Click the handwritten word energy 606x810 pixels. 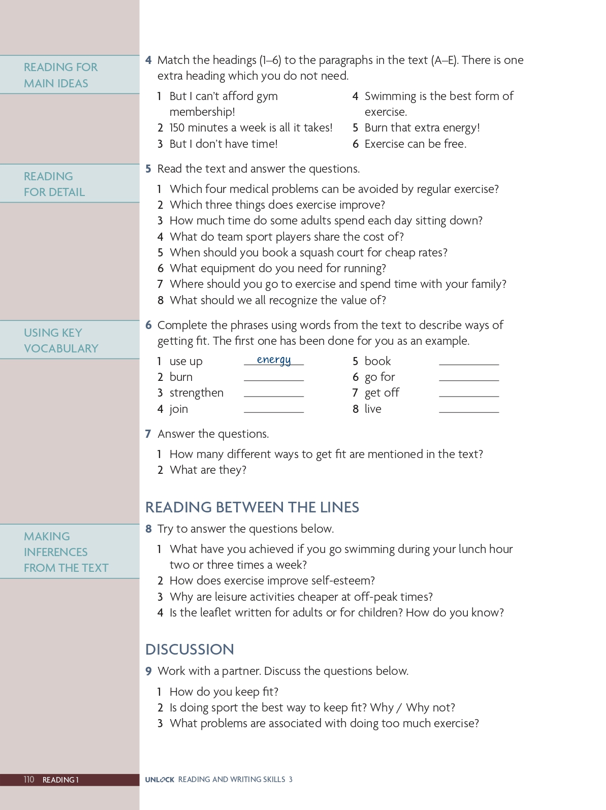[274, 360]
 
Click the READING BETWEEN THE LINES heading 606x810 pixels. [252, 507]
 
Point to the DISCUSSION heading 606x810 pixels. [189, 650]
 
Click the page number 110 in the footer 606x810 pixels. [29, 780]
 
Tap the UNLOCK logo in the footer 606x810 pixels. [160, 780]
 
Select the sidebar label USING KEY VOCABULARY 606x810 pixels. [61, 341]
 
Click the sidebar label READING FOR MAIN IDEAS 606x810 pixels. [60, 75]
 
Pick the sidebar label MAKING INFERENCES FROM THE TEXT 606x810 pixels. [66, 552]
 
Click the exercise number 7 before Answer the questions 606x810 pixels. [148, 434]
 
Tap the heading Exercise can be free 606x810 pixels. [415, 144]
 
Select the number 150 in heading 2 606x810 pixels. [178, 127]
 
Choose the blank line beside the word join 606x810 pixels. [274, 411]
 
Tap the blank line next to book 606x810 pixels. [469, 364]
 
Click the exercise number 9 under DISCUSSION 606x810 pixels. [148, 671]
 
